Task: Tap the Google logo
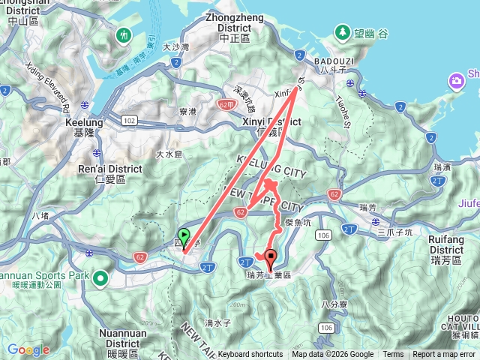[28, 349]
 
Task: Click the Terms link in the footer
[393, 355]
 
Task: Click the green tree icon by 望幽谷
[342, 32]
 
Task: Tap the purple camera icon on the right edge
[455, 81]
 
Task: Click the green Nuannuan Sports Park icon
[100, 278]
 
